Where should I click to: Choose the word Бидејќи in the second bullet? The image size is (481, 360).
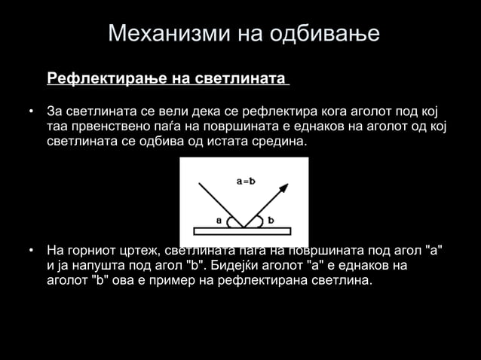[235, 265]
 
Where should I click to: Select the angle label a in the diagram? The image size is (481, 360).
[219, 221]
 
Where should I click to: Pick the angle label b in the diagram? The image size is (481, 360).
[270, 221]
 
